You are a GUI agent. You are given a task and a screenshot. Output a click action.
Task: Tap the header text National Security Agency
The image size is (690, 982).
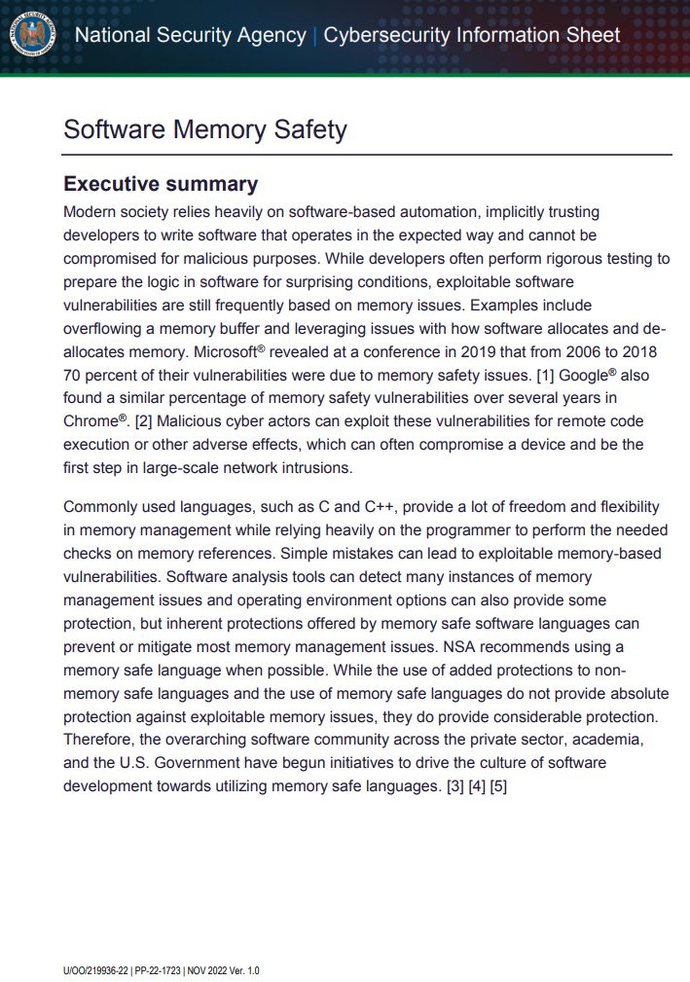tap(190, 36)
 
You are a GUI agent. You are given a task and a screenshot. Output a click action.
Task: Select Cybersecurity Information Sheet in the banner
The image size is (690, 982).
tap(471, 36)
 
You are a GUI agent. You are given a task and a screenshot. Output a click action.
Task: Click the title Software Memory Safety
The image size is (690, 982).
tap(204, 129)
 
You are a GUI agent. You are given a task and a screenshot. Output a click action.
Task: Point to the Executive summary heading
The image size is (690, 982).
tap(161, 184)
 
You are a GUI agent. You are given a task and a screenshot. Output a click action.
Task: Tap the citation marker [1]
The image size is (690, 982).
tap(545, 374)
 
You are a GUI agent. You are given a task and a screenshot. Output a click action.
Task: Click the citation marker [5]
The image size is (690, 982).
tap(498, 785)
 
